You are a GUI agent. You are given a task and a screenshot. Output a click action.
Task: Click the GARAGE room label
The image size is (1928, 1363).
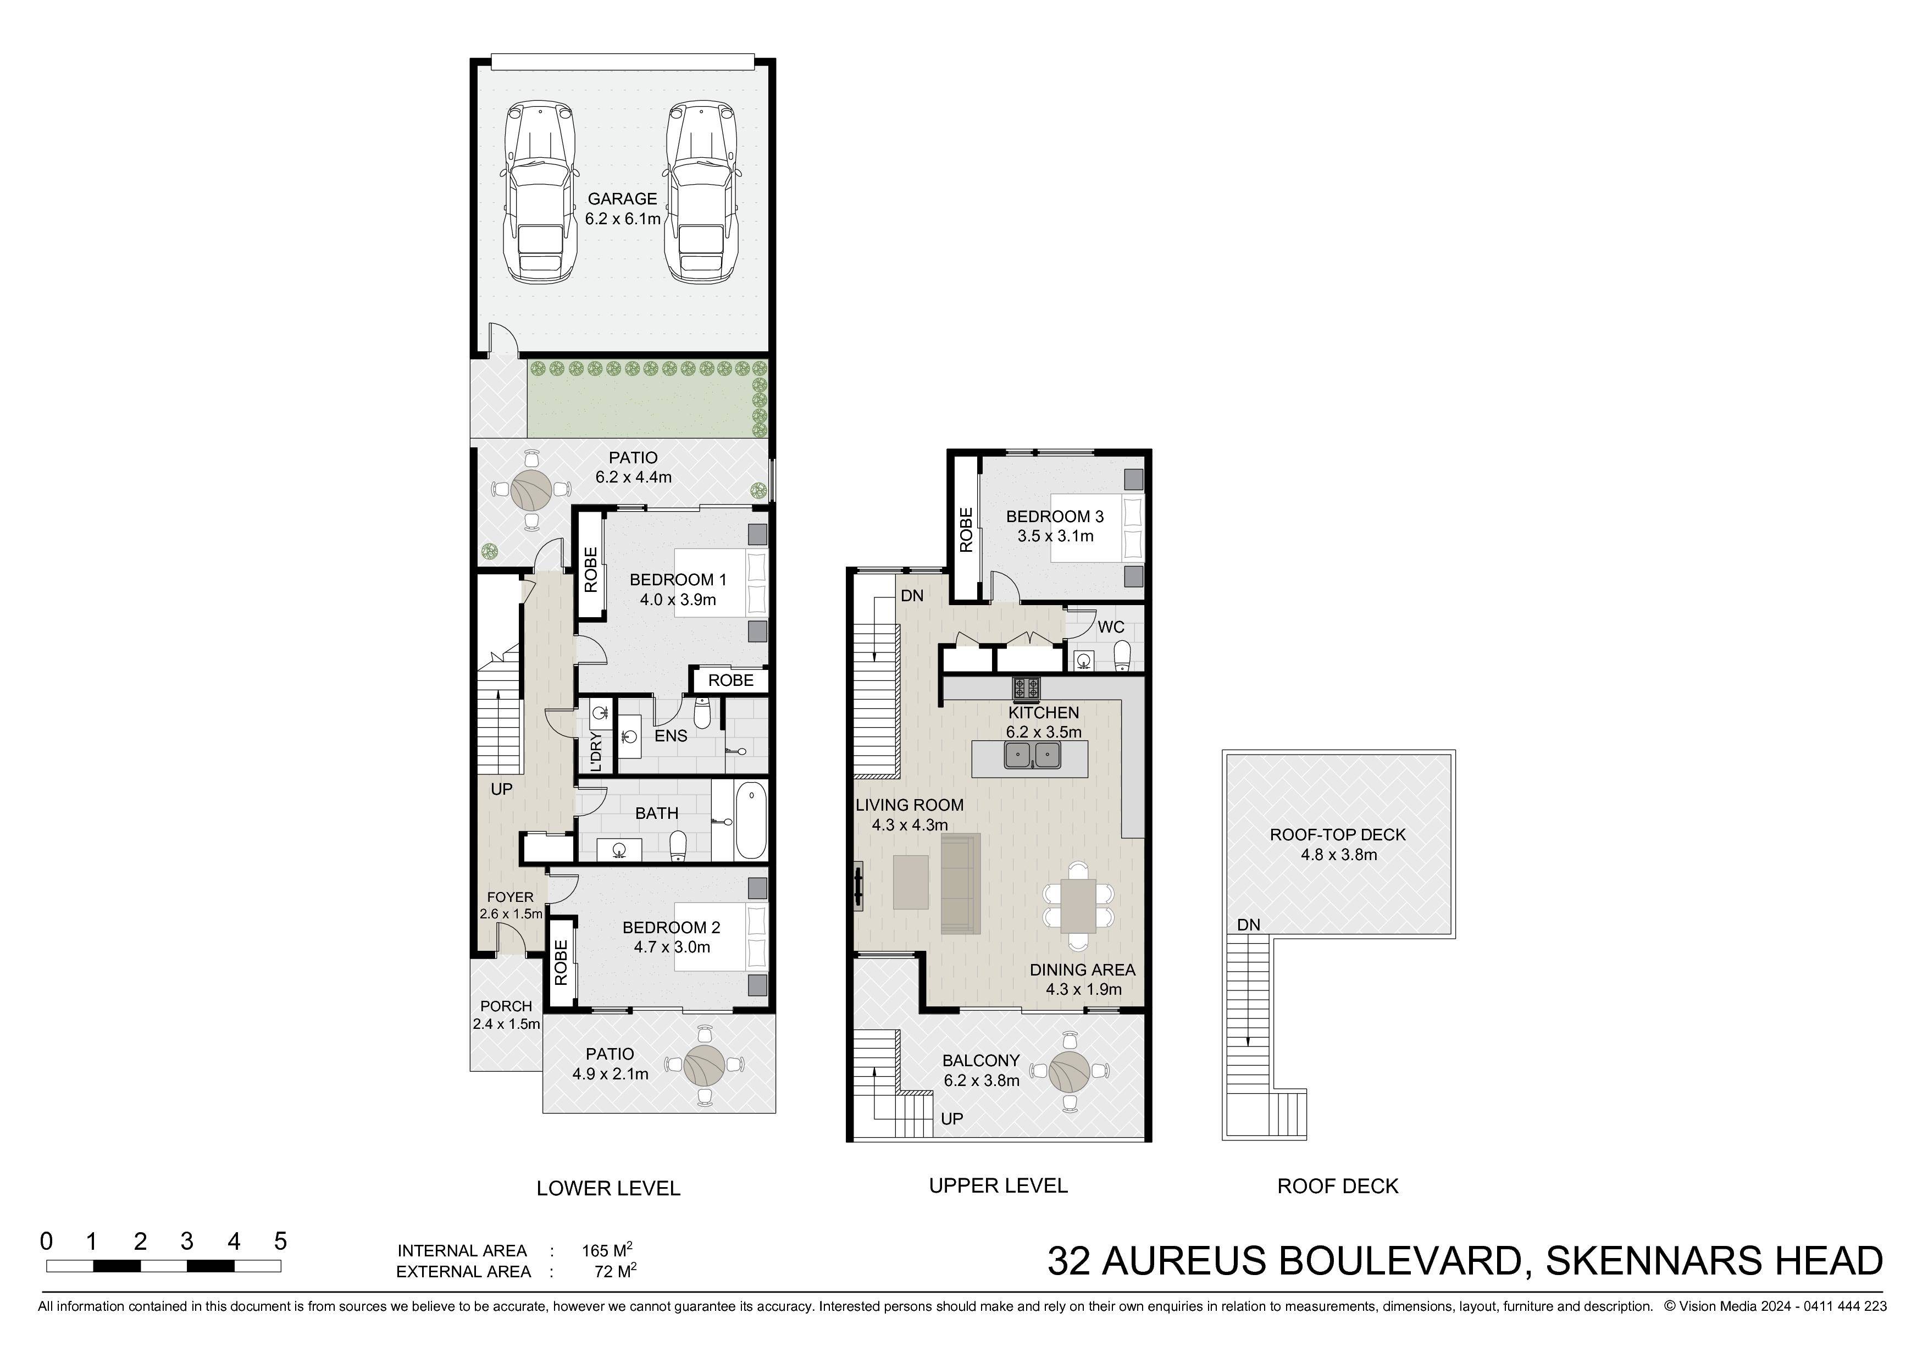pyautogui.click(x=622, y=199)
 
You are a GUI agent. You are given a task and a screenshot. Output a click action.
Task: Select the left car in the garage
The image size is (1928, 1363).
pyautogui.click(x=540, y=193)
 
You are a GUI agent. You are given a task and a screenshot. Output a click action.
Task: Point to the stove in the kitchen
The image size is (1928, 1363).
pyautogui.click(x=1026, y=689)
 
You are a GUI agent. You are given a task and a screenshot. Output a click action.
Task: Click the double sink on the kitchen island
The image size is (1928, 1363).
pyautogui.click(x=1033, y=756)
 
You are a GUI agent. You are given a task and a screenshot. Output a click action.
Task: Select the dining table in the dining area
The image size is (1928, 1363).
pyautogui.click(x=1078, y=905)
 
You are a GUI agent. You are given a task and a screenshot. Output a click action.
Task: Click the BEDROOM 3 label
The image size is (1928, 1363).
pyautogui.click(x=1055, y=517)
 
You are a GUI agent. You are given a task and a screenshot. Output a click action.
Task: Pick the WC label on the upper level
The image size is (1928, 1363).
pyautogui.click(x=1110, y=627)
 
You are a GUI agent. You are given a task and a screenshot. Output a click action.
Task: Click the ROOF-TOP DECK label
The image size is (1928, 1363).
pyautogui.click(x=1338, y=835)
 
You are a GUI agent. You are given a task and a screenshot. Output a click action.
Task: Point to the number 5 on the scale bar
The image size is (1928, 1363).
pyautogui.click(x=280, y=1241)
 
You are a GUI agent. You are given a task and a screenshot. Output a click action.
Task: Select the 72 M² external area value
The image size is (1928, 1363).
pyautogui.click(x=614, y=1271)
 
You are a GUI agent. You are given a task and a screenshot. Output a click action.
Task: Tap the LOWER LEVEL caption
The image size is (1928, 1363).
pyautogui.click(x=608, y=1188)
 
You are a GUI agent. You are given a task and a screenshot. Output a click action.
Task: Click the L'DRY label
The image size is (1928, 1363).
pyautogui.click(x=596, y=752)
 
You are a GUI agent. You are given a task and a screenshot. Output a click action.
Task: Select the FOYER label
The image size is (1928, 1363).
pyautogui.click(x=509, y=897)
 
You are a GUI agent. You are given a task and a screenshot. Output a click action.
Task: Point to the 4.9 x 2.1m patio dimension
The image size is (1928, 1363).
pyautogui.click(x=611, y=1074)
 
